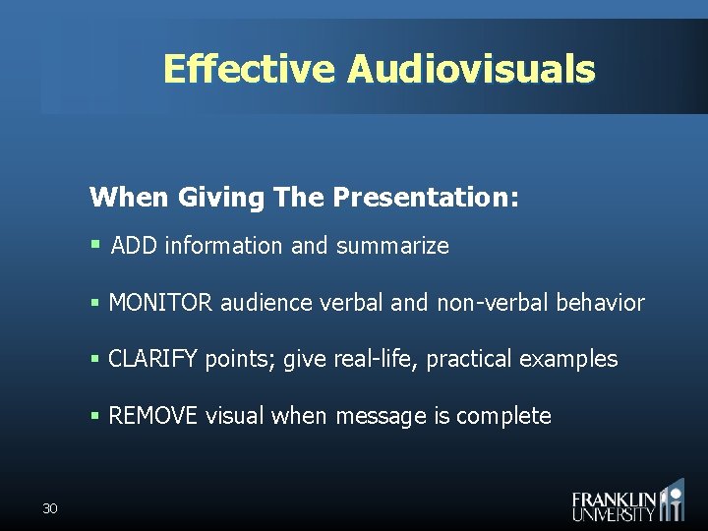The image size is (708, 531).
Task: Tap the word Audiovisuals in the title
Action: click(471, 70)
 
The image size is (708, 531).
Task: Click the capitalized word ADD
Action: click(135, 246)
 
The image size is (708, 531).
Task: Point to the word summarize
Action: click(392, 246)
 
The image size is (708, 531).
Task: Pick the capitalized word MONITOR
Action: click(160, 303)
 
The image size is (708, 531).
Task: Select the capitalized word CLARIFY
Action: click(153, 359)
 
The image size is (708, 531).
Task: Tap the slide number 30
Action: click(50, 508)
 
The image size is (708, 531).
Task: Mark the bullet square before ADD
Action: click(95, 244)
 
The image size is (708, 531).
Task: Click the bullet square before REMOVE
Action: click(95, 416)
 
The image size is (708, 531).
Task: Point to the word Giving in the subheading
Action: click(221, 198)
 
